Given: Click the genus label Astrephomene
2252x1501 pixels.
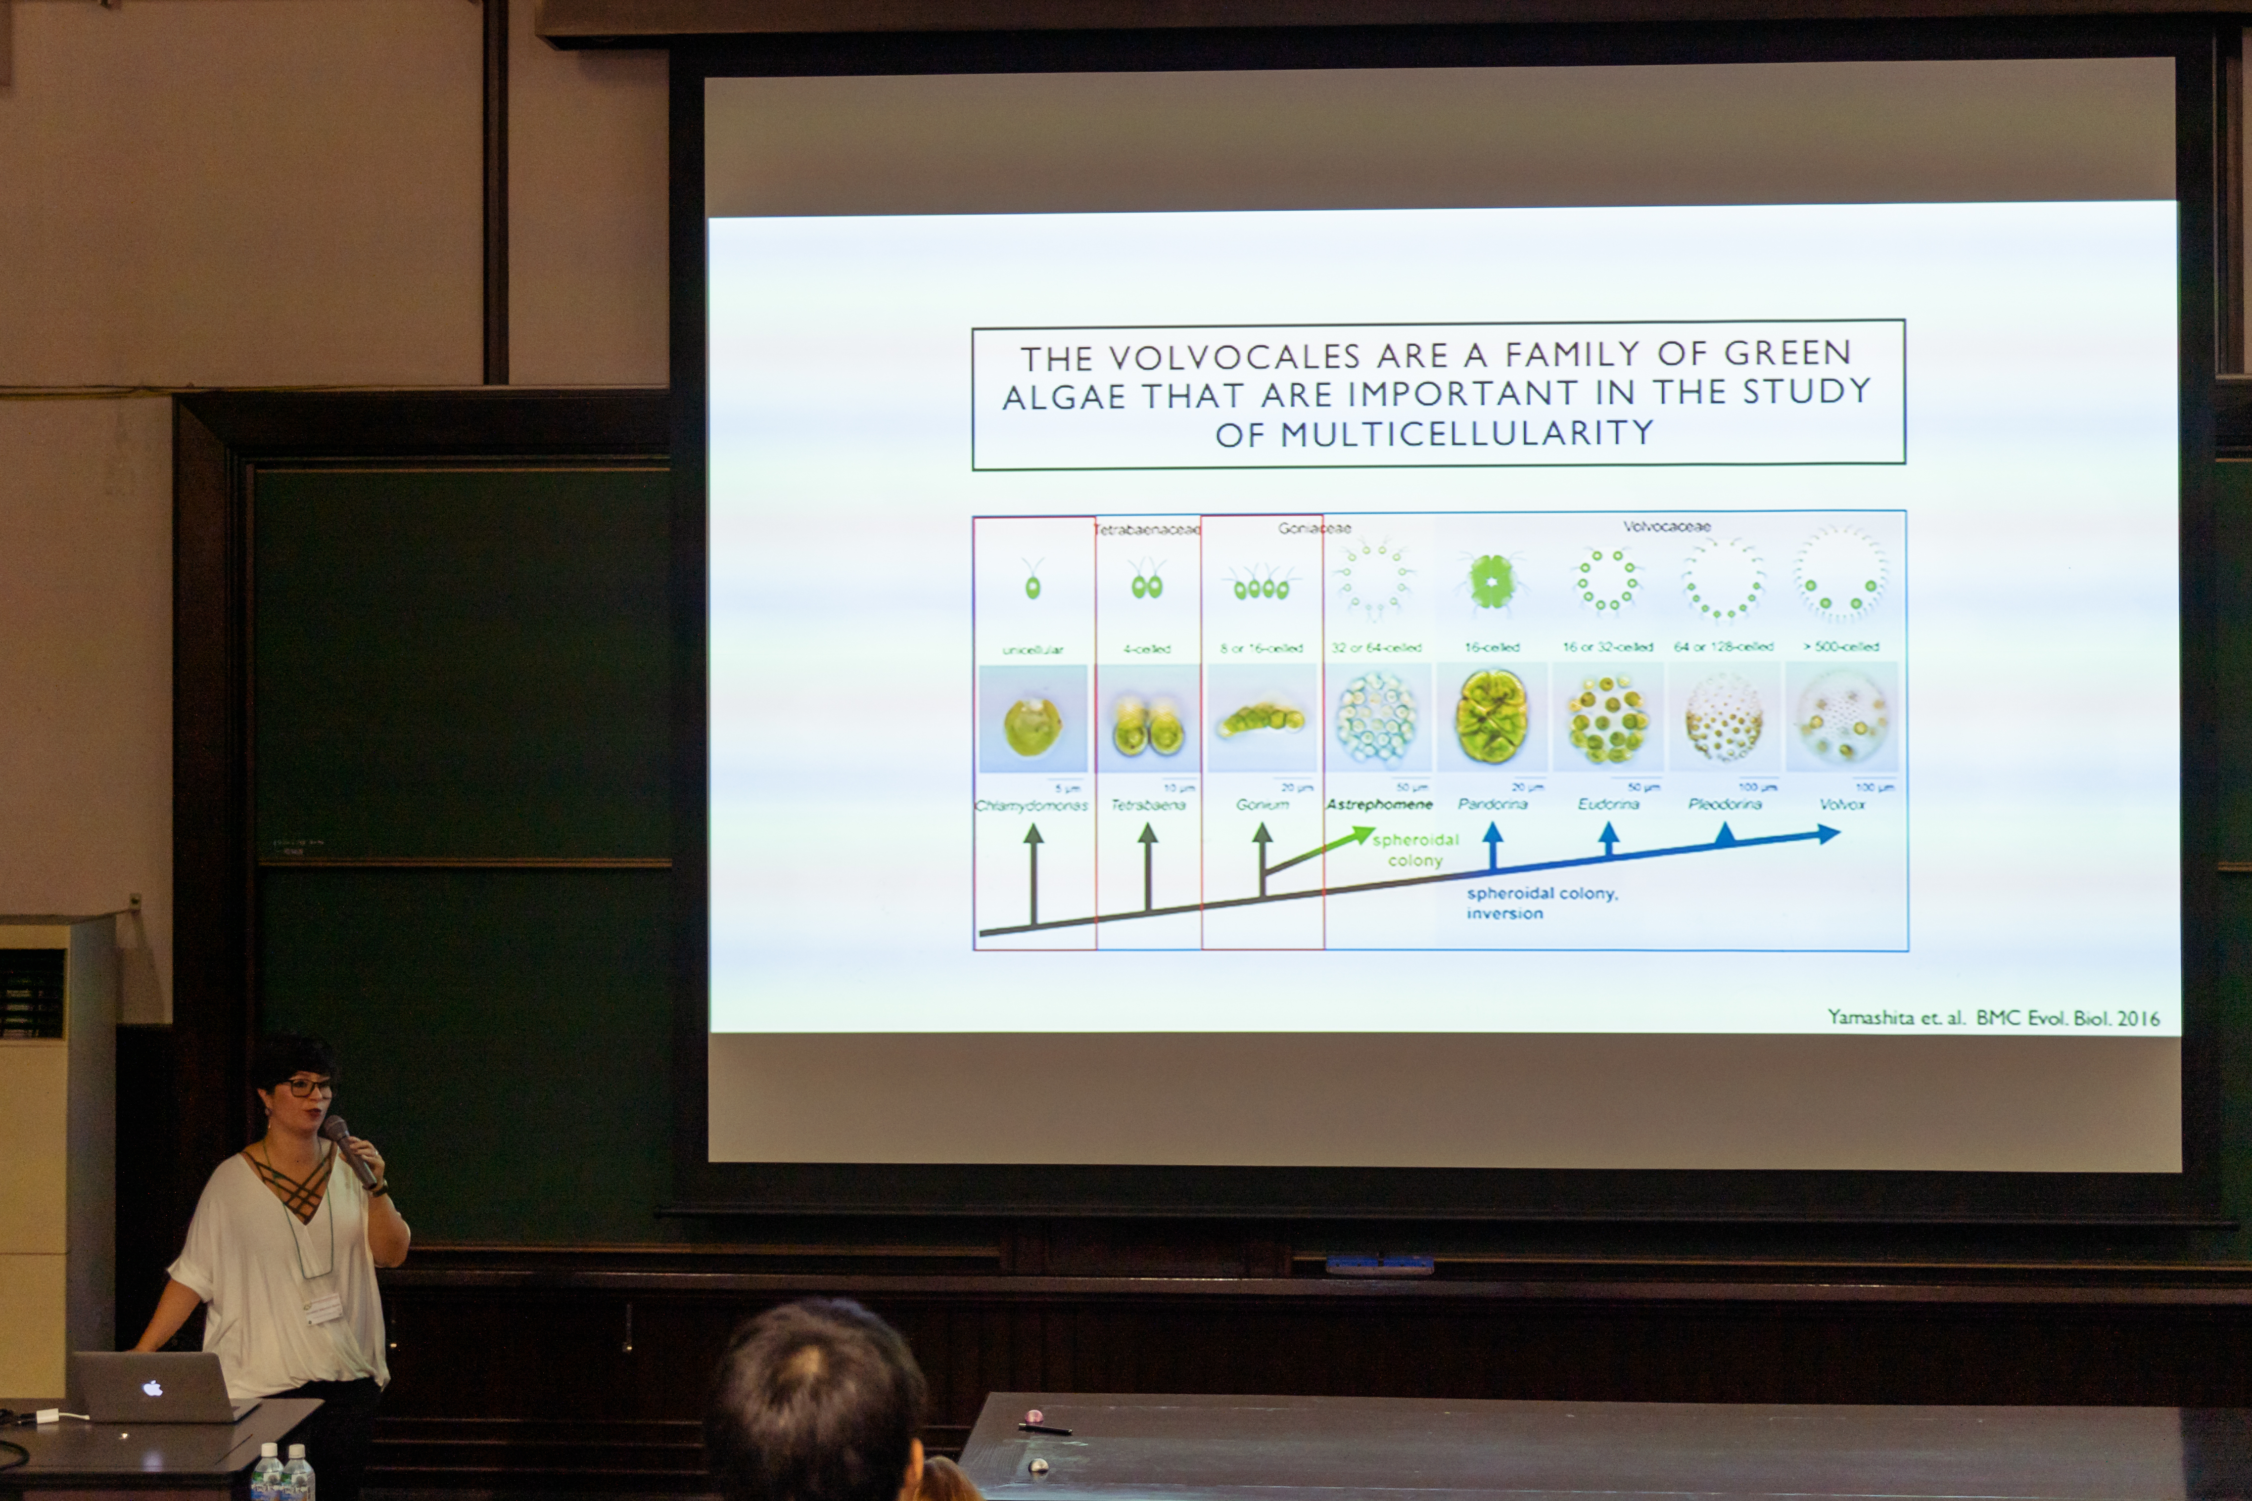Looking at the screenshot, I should pos(1379,804).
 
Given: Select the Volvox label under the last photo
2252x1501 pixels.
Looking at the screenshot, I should pos(1841,804).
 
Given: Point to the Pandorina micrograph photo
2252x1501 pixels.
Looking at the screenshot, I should pos(1492,717).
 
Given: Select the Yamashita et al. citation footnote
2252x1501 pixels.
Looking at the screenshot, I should pos(1993,1018).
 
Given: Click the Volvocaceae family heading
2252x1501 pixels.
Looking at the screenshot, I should pos(1666,527).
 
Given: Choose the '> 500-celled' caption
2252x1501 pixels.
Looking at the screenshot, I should pos(1840,647).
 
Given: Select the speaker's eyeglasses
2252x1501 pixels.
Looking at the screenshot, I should pos(305,1087).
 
